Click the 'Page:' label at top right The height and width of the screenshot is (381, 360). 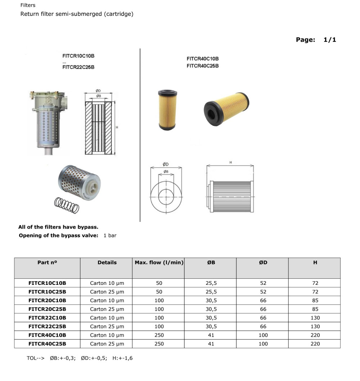pos(306,40)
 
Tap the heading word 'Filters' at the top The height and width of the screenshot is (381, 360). pos(28,5)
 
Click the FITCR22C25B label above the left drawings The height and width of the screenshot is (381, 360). pos(78,67)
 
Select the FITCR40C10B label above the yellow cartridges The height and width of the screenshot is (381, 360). pos(203,59)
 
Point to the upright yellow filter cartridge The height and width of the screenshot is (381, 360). pos(167,110)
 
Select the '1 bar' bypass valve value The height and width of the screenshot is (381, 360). pos(110,236)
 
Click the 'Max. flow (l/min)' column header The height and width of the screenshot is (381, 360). pos(159,263)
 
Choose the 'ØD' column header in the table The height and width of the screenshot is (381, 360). pos(263,263)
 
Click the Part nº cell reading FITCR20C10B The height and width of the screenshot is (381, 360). pos(47,300)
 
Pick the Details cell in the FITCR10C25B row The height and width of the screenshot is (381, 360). pos(107,292)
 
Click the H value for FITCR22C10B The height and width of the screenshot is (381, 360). pos(315,318)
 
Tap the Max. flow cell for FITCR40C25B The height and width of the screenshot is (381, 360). pos(159,344)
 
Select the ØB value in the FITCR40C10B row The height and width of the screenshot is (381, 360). pos(211,335)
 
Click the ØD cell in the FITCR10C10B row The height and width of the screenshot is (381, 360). pos(263,283)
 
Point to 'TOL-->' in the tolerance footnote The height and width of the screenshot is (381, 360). pos(35,358)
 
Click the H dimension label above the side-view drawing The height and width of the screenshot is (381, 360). pos(230,163)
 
